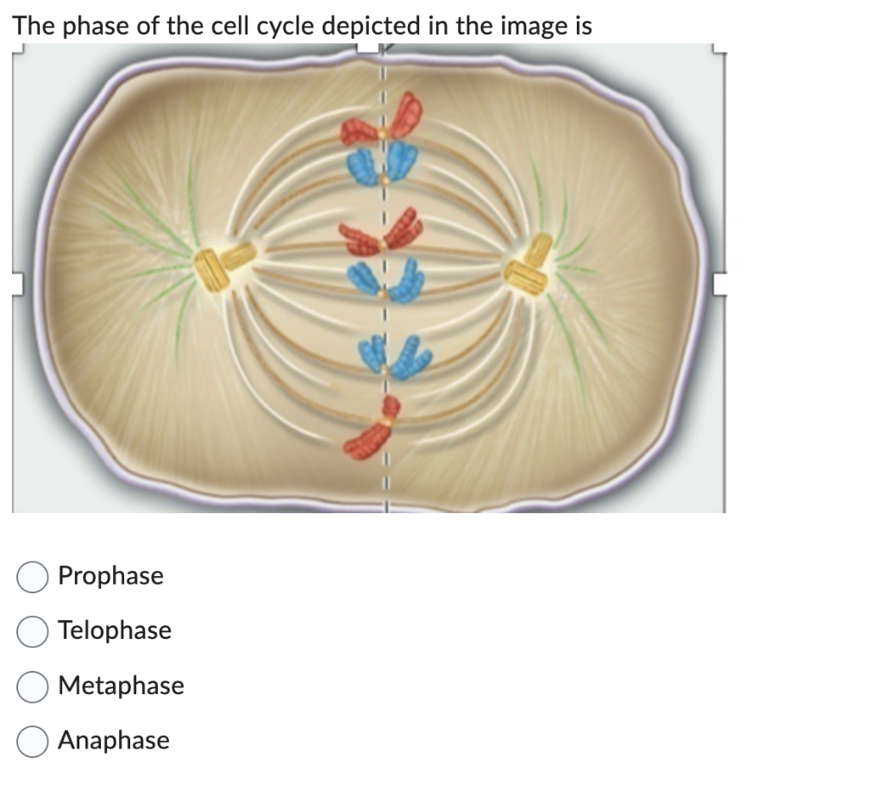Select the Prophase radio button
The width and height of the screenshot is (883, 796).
point(33,576)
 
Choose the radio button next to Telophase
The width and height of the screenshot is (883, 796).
point(33,631)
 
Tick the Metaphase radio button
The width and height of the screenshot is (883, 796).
point(33,686)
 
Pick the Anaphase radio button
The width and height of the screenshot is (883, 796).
point(33,742)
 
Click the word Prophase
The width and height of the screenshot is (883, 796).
point(110,576)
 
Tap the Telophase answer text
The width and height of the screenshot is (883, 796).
point(115,631)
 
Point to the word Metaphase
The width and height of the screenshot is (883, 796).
point(121,686)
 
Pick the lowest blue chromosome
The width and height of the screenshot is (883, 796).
point(387,355)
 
